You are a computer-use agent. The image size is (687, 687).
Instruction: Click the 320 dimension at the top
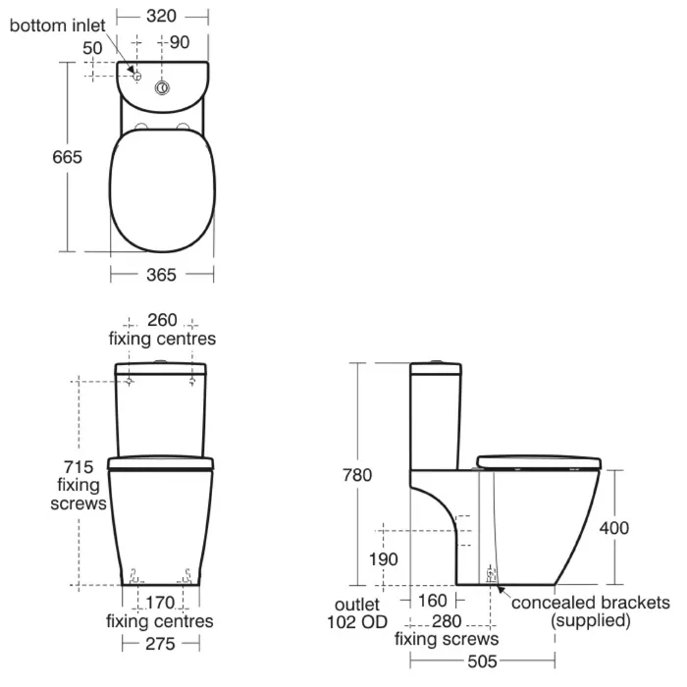pyautogui.click(x=162, y=16)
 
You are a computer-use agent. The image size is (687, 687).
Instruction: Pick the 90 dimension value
pyautogui.click(x=180, y=41)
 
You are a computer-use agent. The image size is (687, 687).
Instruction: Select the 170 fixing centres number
pyautogui.click(x=160, y=603)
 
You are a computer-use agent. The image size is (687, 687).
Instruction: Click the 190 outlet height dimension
pyautogui.click(x=384, y=559)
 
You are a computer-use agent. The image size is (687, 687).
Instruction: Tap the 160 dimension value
pyautogui.click(x=431, y=601)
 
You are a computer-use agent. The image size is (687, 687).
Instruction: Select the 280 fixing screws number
pyautogui.click(x=448, y=620)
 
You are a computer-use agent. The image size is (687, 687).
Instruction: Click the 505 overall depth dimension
pyautogui.click(x=482, y=662)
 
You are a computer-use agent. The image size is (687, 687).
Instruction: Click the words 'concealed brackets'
pyautogui.click(x=591, y=602)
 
